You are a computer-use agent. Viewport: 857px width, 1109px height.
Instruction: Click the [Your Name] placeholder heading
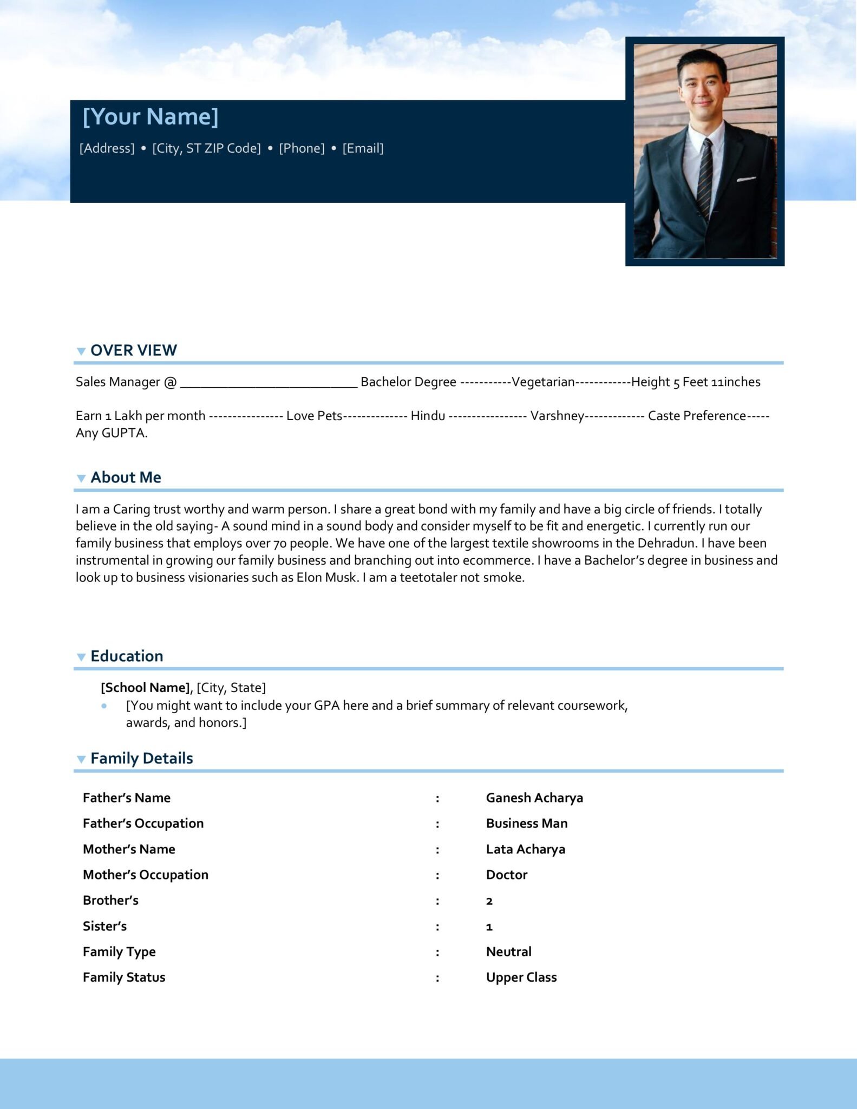(150, 117)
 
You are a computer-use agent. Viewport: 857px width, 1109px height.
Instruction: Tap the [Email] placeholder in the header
(363, 148)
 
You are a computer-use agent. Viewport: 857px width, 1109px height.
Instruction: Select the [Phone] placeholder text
(302, 148)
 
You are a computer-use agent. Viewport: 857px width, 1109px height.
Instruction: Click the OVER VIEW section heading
(133, 350)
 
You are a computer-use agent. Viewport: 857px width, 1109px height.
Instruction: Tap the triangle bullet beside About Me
(81, 478)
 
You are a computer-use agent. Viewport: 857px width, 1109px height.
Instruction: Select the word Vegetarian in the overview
(543, 382)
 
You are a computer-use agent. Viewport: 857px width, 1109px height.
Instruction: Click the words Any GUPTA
(112, 433)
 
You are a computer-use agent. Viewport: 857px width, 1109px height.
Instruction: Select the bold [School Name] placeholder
(145, 688)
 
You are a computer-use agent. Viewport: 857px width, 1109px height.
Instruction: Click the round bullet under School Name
(104, 706)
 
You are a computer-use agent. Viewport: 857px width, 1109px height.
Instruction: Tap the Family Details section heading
(141, 759)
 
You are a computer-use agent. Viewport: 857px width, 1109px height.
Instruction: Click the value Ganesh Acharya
(534, 798)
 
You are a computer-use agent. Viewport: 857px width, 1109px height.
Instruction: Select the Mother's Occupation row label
(145, 875)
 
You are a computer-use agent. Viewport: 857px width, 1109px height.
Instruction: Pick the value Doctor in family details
(506, 875)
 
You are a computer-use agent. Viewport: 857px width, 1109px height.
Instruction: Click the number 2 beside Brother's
(489, 901)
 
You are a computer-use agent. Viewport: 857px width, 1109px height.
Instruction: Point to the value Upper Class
(521, 977)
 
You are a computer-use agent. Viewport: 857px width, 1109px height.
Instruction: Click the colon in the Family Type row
(437, 953)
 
